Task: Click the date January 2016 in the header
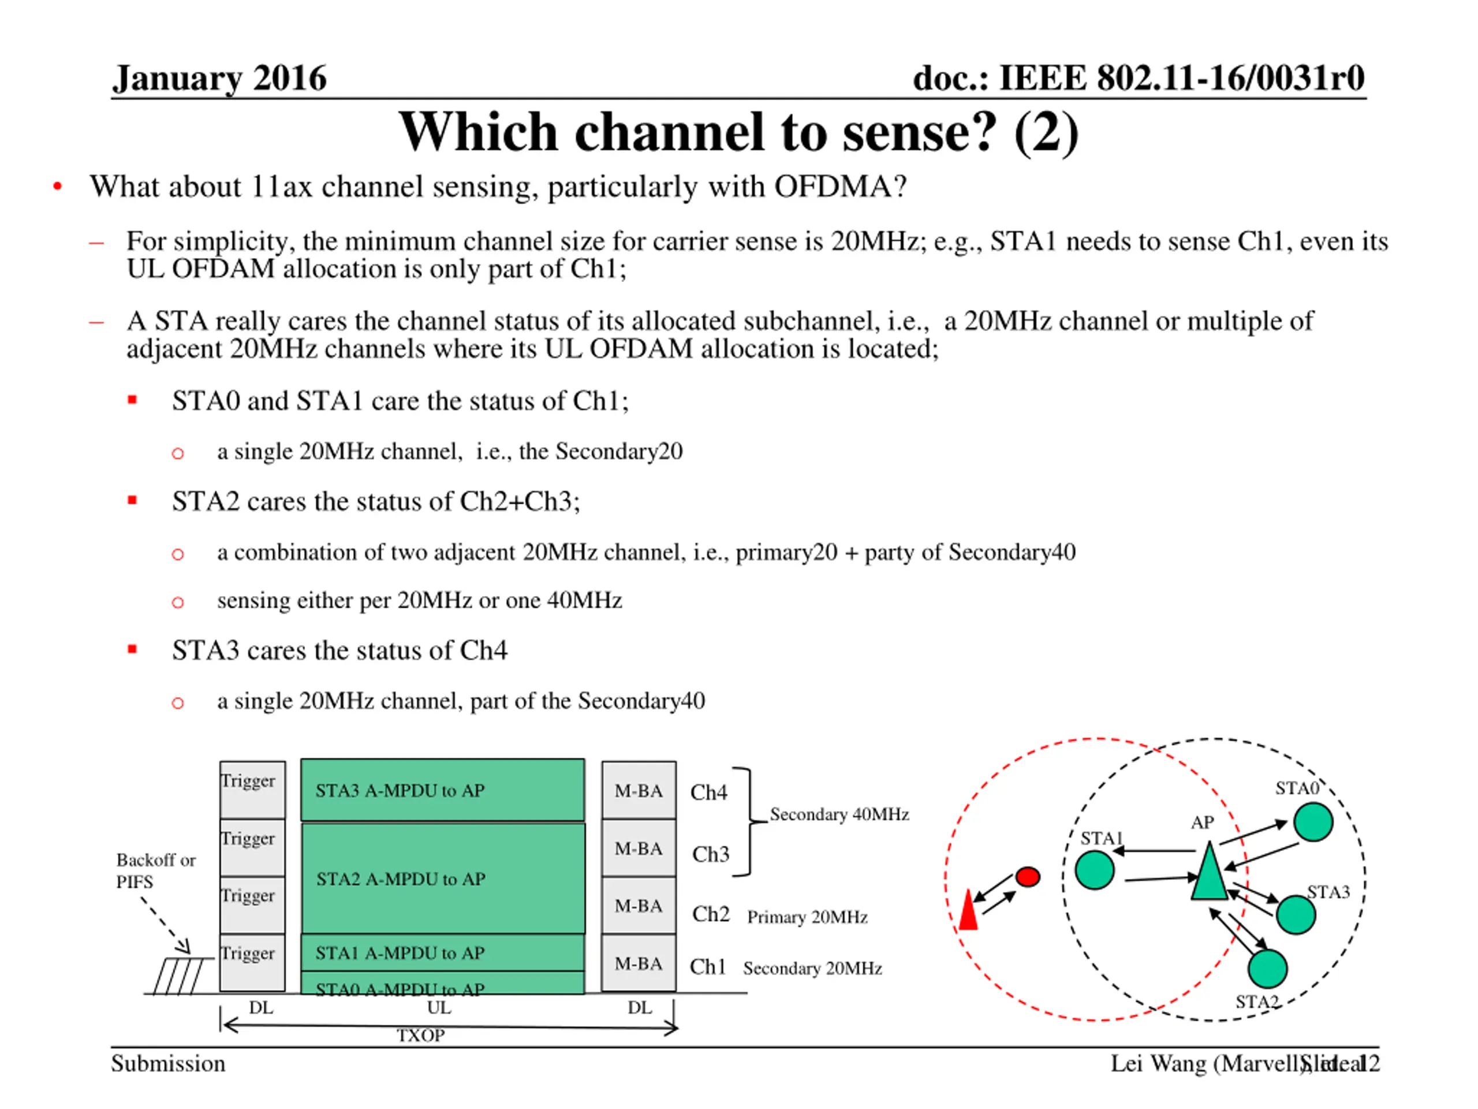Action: tap(219, 78)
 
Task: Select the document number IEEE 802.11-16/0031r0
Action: tap(1139, 78)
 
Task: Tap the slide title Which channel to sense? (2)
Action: tap(738, 132)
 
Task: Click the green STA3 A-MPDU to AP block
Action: tap(442, 790)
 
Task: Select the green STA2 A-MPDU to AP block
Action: tap(442, 878)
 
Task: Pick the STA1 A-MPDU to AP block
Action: tap(442, 952)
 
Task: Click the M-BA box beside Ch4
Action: tap(638, 790)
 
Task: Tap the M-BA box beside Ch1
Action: tap(638, 963)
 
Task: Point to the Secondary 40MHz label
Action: tap(839, 814)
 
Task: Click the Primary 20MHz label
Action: tap(807, 917)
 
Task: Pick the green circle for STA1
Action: tap(1095, 870)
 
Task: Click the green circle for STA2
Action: tap(1267, 969)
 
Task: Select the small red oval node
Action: tap(1028, 876)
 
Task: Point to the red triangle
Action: tap(968, 911)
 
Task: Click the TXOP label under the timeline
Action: tap(421, 1036)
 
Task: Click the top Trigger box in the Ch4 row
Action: tap(252, 790)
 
